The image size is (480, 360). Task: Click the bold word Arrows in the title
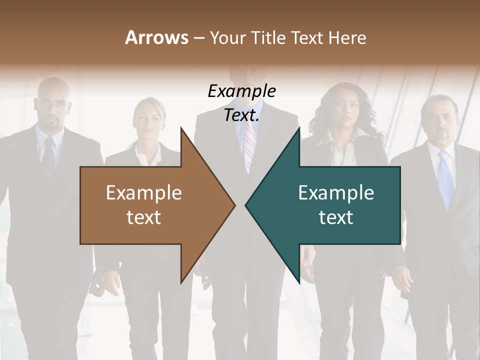click(x=156, y=37)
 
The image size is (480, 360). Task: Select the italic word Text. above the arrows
click(x=242, y=115)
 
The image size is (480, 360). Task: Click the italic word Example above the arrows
click(x=242, y=91)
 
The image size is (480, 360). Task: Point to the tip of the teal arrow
click(x=246, y=204)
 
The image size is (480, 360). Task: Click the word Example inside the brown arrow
click(x=144, y=193)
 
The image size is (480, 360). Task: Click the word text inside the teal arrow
click(x=336, y=217)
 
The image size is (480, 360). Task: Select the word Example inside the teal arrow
click(x=336, y=193)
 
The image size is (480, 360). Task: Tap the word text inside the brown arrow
click(x=144, y=217)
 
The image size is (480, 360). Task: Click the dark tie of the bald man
click(x=48, y=157)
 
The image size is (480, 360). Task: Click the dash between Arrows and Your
click(x=198, y=38)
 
